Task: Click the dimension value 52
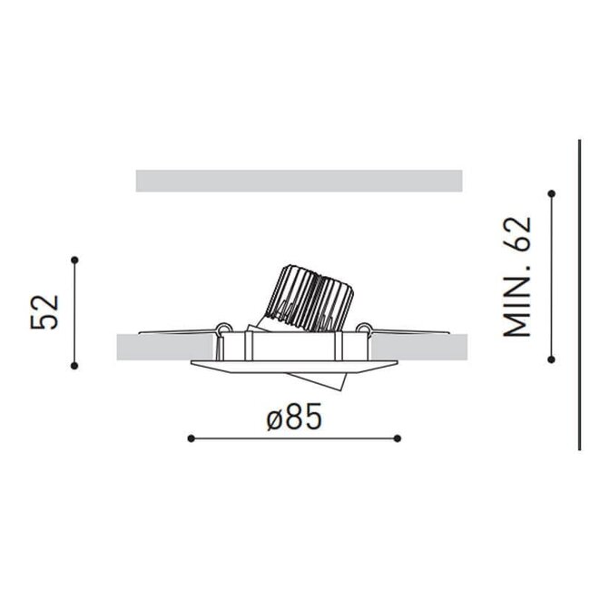45,311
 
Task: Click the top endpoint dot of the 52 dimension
74,260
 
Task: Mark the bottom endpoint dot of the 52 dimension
74,365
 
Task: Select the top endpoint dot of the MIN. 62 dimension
552,192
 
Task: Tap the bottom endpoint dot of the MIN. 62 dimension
552,359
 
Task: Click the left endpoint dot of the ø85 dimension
191,438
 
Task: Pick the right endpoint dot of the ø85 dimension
398,438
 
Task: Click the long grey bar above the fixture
299,181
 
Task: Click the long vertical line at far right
579,295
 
